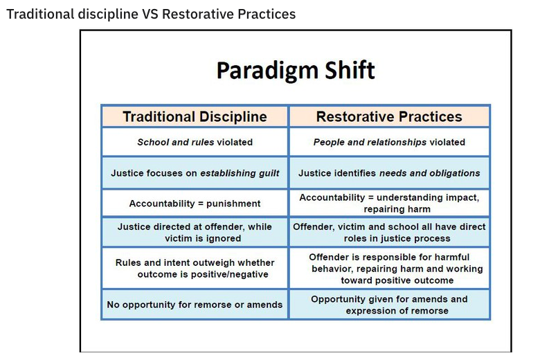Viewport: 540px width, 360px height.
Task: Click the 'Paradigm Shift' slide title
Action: tap(296, 71)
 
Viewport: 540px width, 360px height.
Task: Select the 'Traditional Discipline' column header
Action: tap(195, 116)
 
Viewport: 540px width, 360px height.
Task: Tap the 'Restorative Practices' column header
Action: tap(389, 116)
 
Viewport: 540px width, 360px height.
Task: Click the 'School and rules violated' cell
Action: tap(195, 142)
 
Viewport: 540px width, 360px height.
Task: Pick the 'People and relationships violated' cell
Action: tap(389, 142)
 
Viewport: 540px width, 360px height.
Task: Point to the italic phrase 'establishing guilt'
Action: tap(240, 173)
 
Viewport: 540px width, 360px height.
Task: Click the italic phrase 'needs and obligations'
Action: tap(429, 173)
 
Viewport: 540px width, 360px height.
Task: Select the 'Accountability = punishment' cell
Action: tap(195, 204)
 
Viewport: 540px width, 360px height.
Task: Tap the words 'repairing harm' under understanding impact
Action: tap(397, 209)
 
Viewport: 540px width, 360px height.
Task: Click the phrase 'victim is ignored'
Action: tap(203, 238)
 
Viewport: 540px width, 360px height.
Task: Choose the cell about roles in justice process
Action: tap(389, 233)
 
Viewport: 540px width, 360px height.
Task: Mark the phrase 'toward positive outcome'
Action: tap(397, 280)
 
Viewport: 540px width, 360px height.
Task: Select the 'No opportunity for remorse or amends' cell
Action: tap(195, 305)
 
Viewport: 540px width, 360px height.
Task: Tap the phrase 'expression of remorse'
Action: tap(397, 311)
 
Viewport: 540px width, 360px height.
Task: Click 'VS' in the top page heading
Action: tap(150, 15)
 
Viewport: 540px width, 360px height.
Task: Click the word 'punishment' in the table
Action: tap(233, 204)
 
